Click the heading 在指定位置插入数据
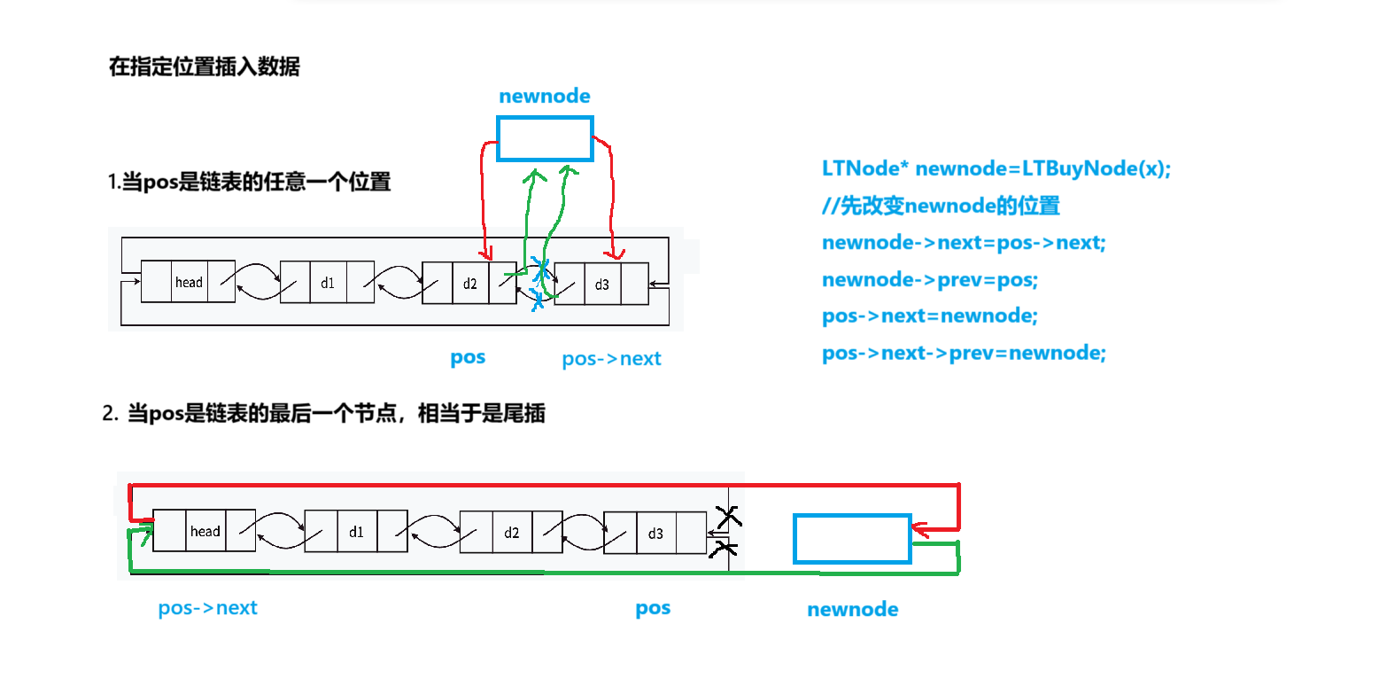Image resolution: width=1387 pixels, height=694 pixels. (204, 66)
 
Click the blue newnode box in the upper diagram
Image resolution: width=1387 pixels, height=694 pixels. (544, 139)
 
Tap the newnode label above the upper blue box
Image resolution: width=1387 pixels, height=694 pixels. (544, 96)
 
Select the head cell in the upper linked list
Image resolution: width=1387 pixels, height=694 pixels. (189, 282)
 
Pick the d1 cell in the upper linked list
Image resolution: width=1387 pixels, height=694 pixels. (328, 282)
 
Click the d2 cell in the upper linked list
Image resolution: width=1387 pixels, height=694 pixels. (469, 283)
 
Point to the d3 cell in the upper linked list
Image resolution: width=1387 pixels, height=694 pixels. (602, 284)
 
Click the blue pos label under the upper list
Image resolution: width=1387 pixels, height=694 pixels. (468, 357)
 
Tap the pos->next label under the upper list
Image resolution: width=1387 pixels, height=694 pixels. (611, 359)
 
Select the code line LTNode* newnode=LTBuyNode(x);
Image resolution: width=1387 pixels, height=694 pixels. (996, 168)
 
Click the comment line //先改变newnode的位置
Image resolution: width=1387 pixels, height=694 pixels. (941, 207)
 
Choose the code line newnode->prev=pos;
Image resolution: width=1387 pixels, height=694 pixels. (930, 279)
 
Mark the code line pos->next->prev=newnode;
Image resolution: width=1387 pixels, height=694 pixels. (964, 353)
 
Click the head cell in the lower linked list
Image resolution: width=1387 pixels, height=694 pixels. (205, 531)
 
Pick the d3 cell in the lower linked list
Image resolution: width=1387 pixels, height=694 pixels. (655, 533)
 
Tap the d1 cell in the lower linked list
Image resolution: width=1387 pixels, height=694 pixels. (356, 532)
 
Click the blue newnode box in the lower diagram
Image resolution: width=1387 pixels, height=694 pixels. (852, 539)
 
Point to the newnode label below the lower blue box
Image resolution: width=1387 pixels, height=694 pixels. (852, 610)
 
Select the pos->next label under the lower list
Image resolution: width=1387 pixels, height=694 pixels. (207, 608)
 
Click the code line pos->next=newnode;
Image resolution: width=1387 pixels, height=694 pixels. (929, 316)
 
